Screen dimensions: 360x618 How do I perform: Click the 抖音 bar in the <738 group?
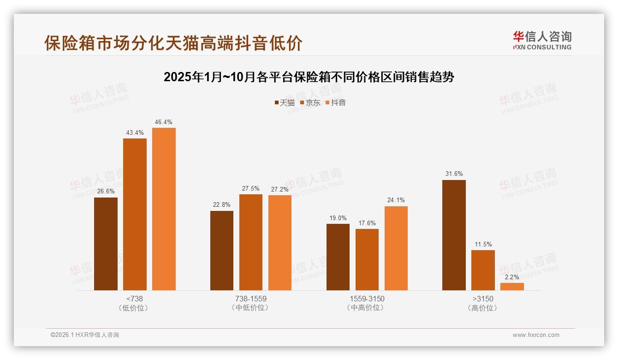click(164, 209)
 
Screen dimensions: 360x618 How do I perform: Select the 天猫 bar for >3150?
click(454, 235)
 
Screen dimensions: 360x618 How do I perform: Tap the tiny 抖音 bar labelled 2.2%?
click(512, 287)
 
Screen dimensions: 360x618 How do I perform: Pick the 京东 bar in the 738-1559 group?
click(251, 242)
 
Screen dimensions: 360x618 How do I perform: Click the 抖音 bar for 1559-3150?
click(396, 248)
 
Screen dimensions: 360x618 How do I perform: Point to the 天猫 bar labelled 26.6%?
click(106, 244)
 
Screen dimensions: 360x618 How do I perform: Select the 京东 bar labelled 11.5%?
click(483, 270)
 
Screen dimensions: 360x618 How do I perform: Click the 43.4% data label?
click(135, 133)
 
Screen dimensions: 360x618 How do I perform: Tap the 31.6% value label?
click(454, 174)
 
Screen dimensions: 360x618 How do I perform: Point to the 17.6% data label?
click(367, 223)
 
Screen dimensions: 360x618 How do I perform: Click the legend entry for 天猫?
click(285, 103)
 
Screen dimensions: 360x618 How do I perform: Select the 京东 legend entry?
click(310, 103)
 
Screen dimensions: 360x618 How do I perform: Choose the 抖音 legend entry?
click(336, 103)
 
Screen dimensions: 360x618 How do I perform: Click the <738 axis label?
click(134, 299)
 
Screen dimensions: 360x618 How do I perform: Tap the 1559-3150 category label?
click(367, 299)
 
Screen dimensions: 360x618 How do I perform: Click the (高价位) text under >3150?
click(482, 308)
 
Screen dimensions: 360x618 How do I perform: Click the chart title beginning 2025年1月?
click(309, 77)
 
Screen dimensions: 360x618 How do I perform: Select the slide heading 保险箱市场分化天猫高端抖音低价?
click(173, 43)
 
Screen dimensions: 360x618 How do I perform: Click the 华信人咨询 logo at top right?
click(542, 40)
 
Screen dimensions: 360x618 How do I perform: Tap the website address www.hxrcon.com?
click(535, 335)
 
